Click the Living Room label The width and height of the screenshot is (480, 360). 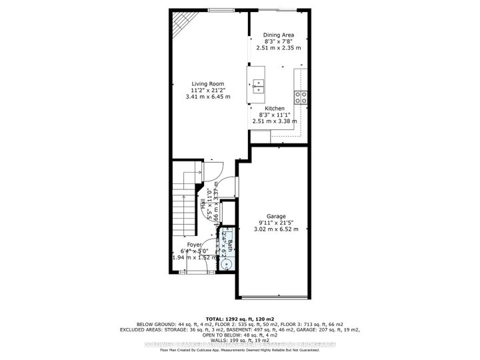pyautogui.click(x=207, y=84)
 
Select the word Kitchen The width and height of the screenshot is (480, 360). pyautogui.click(x=274, y=109)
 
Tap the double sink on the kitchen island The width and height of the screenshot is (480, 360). pyautogui.click(x=257, y=85)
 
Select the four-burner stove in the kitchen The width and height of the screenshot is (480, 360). pyautogui.click(x=302, y=98)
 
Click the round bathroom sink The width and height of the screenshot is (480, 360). pyautogui.click(x=227, y=264)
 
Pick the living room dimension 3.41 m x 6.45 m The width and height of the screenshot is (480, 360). pyautogui.click(x=207, y=97)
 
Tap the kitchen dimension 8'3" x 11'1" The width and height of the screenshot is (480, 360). pyautogui.click(x=274, y=115)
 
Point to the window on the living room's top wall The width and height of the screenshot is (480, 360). pyautogui.click(x=221, y=10)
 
